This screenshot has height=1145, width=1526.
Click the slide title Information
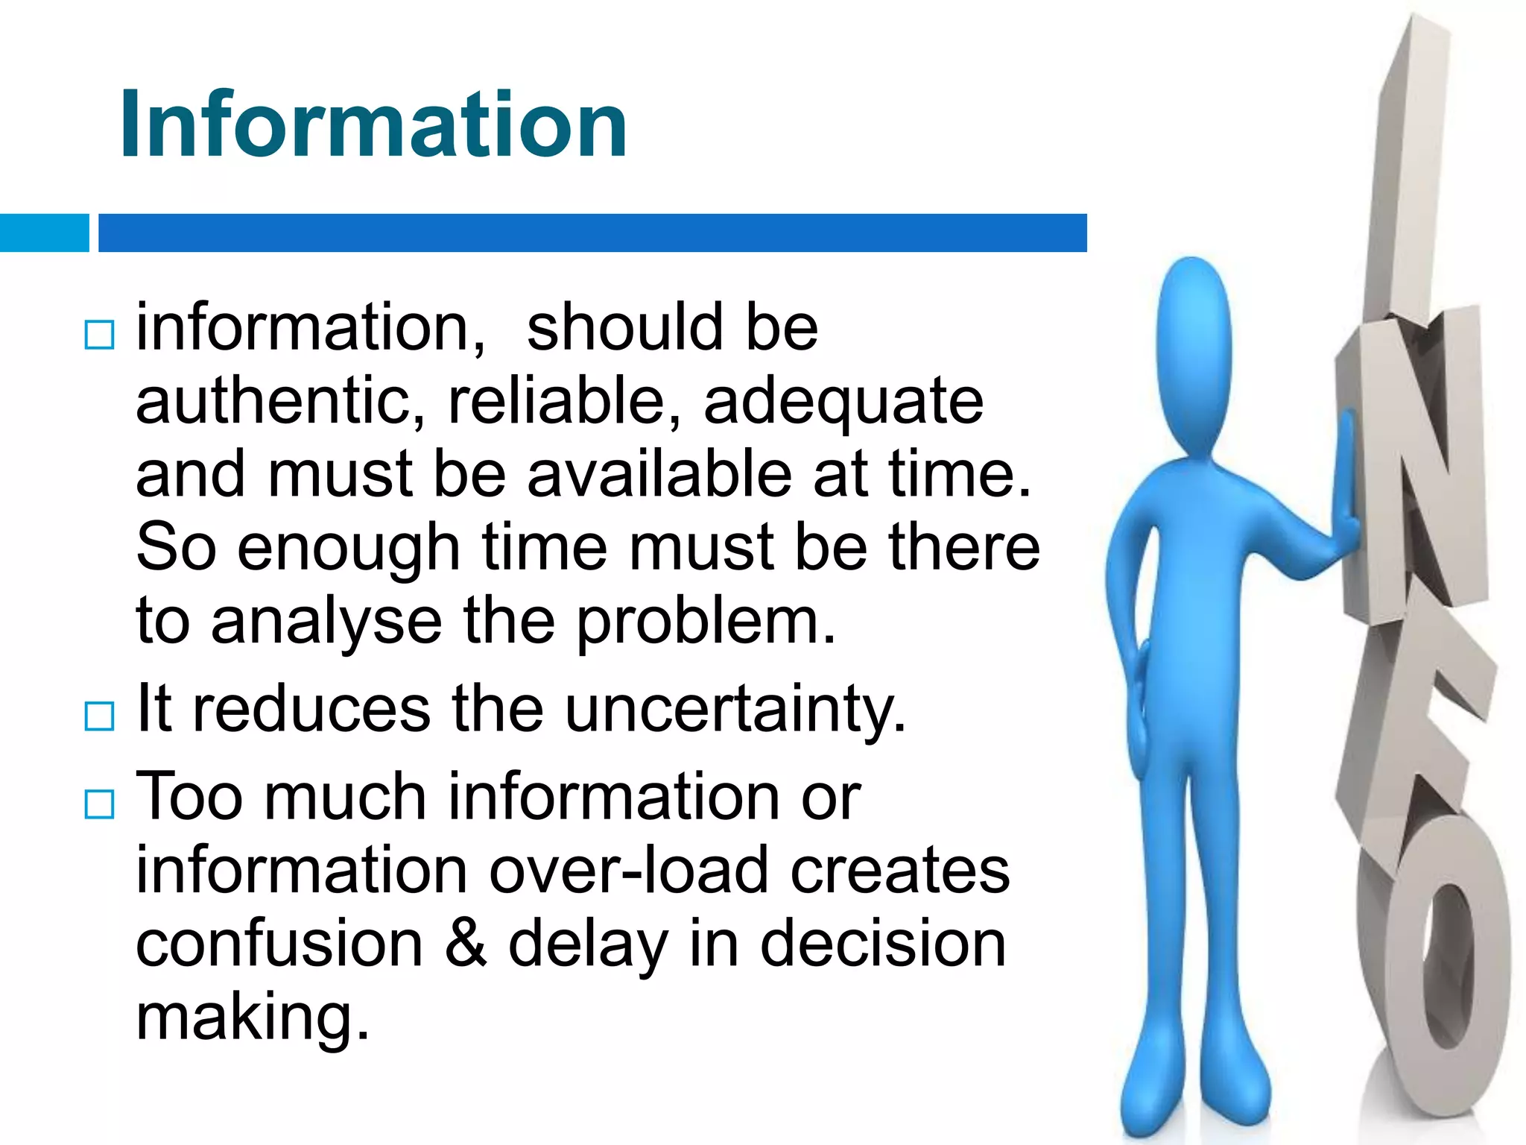coord(373,124)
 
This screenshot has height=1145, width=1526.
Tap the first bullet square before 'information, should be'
coord(99,335)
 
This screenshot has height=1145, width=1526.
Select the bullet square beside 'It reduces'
coord(99,716)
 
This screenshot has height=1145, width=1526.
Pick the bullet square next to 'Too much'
coord(99,804)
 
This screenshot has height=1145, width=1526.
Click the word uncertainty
coord(735,710)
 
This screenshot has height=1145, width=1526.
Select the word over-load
coord(629,870)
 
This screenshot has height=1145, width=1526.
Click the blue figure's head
coord(1194,350)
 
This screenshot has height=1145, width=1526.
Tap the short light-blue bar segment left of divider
coord(44,233)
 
